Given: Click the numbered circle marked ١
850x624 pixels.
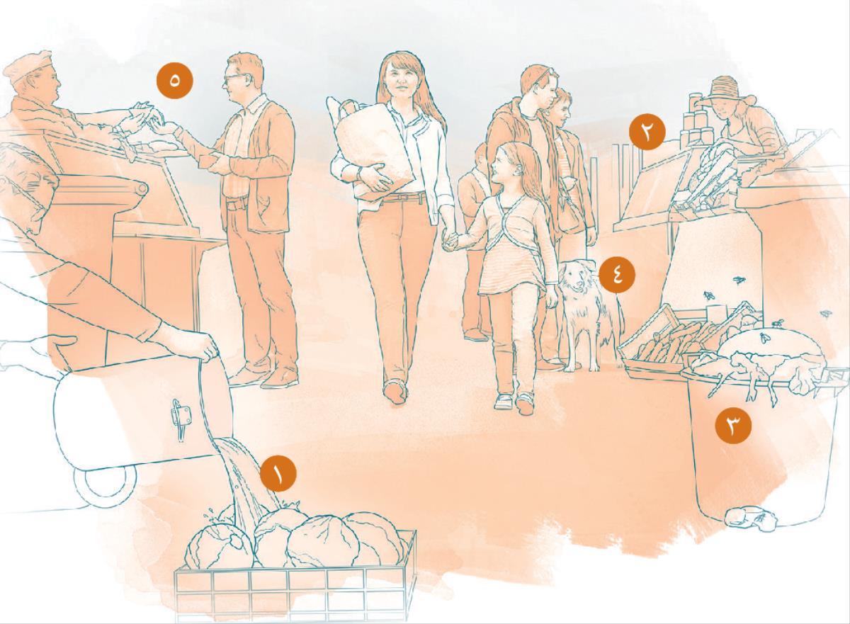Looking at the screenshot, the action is pos(278,473).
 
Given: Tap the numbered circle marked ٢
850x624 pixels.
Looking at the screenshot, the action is pos(647,132).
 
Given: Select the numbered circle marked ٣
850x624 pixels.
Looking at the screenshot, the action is pos(733,426).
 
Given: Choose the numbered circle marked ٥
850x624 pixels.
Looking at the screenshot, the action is pos(174,81).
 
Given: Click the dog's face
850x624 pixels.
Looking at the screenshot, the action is pos(576,279).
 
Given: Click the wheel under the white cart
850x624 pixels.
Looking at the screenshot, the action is pos(106,487).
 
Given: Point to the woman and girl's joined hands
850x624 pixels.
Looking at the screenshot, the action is pos(450,241).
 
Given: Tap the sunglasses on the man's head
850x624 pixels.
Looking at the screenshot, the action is pos(547,72).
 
